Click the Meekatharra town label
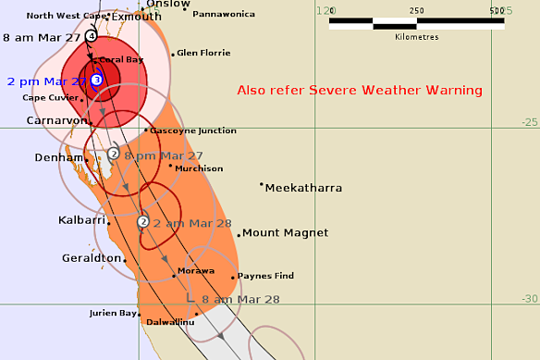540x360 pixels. coord(303,188)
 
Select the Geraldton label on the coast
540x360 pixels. coord(92,257)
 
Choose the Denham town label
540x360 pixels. coord(59,158)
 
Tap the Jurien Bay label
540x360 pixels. coord(114,314)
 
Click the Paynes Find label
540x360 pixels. coord(265,276)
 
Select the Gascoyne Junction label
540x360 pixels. coord(193,130)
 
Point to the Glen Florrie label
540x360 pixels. coord(202,53)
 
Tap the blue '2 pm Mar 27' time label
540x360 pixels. coord(45,81)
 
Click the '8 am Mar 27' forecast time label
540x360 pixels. coord(43,37)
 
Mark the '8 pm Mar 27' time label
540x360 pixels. coord(164,155)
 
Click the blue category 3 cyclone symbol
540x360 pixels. coord(96,81)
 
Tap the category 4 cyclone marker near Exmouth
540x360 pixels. coord(91,35)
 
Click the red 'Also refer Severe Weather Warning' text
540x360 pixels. coord(360,91)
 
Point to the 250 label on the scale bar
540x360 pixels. coord(416,10)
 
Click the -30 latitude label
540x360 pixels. coord(529,298)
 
